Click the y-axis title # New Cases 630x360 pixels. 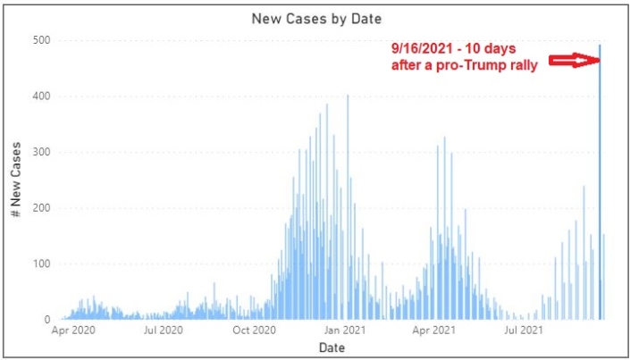coord(17,179)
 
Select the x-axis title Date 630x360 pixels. coord(332,347)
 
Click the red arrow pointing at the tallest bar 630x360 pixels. coord(572,60)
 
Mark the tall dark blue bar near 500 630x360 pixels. coord(600,179)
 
